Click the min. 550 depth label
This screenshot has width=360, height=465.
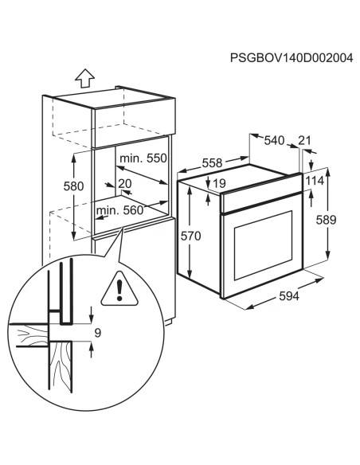(143, 158)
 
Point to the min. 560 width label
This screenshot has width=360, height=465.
(121, 210)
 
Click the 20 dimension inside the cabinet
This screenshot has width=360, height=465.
(124, 184)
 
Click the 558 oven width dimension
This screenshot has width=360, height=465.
(213, 162)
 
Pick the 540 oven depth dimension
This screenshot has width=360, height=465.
(274, 141)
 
